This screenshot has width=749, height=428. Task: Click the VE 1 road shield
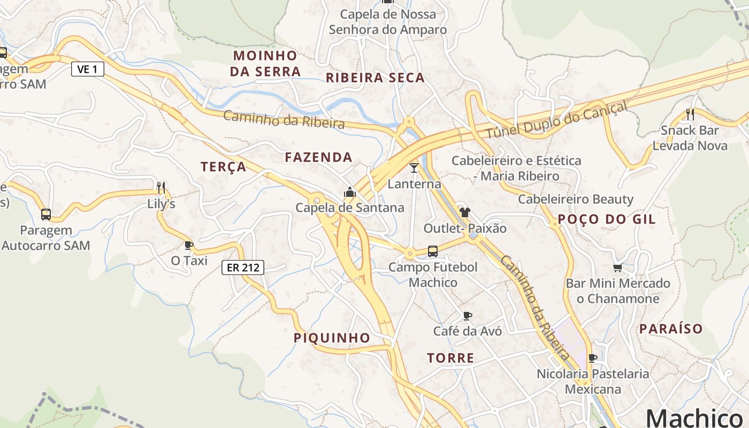pyautogui.click(x=88, y=69)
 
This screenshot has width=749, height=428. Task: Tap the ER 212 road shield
pyautogui.click(x=243, y=267)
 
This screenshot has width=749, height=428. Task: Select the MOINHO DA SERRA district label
pyautogui.click(x=265, y=63)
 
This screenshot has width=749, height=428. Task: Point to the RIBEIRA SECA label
pyautogui.click(x=375, y=78)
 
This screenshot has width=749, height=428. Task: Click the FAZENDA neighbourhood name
pyautogui.click(x=318, y=157)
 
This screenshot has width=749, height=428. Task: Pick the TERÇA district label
pyautogui.click(x=224, y=167)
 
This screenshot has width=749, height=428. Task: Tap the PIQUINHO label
pyautogui.click(x=332, y=338)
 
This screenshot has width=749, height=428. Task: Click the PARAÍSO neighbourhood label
pyautogui.click(x=671, y=328)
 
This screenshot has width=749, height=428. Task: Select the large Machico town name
pyautogui.click(x=697, y=417)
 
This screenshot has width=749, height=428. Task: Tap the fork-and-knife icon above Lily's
pyautogui.click(x=160, y=187)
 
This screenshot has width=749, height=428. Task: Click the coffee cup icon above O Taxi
pyautogui.click(x=188, y=245)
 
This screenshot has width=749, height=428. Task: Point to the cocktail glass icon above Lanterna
pyautogui.click(x=414, y=168)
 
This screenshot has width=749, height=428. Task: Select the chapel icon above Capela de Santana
pyautogui.click(x=350, y=192)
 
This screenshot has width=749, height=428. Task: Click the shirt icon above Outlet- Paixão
pyautogui.click(x=464, y=212)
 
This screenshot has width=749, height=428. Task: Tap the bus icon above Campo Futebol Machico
pyautogui.click(x=432, y=251)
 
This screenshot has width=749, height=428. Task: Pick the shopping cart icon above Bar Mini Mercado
pyautogui.click(x=618, y=267)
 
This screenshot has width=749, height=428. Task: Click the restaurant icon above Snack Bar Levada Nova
pyautogui.click(x=690, y=114)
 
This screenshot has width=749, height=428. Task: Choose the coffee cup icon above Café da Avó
pyautogui.click(x=467, y=316)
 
